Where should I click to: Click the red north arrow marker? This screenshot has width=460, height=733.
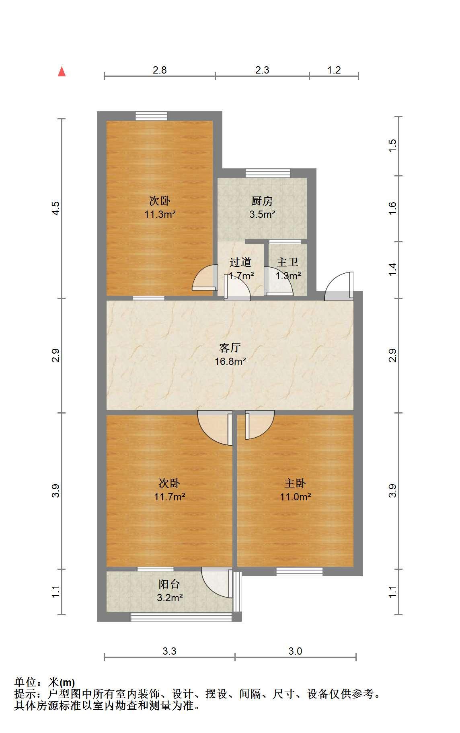pos(62,72)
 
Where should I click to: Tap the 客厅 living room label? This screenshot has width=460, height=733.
pos(230,348)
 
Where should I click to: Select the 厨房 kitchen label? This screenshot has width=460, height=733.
pos(262,201)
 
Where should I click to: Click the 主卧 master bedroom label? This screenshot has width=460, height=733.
pos(295,483)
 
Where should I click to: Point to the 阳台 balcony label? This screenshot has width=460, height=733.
pos(169,584)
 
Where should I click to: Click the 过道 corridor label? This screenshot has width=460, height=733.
pos(240,262)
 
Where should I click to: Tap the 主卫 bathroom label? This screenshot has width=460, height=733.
pos(287,262)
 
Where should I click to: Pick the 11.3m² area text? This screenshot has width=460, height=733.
pos(160,214)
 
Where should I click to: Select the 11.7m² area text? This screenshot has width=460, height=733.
pos(169,497)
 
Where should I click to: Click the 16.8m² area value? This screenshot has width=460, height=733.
pos(230,361)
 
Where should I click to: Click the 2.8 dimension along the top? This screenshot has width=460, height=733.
pos(160,70)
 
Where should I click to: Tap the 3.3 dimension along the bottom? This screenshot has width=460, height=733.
pos(169,651)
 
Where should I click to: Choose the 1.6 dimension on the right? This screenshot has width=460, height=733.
pos(392,208)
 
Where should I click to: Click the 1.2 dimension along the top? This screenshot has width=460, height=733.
pos(334,70)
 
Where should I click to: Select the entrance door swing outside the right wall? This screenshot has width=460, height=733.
pos(339,286)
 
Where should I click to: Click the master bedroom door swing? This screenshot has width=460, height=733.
pos(260,425)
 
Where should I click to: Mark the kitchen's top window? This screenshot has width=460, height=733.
pos(268,173)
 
